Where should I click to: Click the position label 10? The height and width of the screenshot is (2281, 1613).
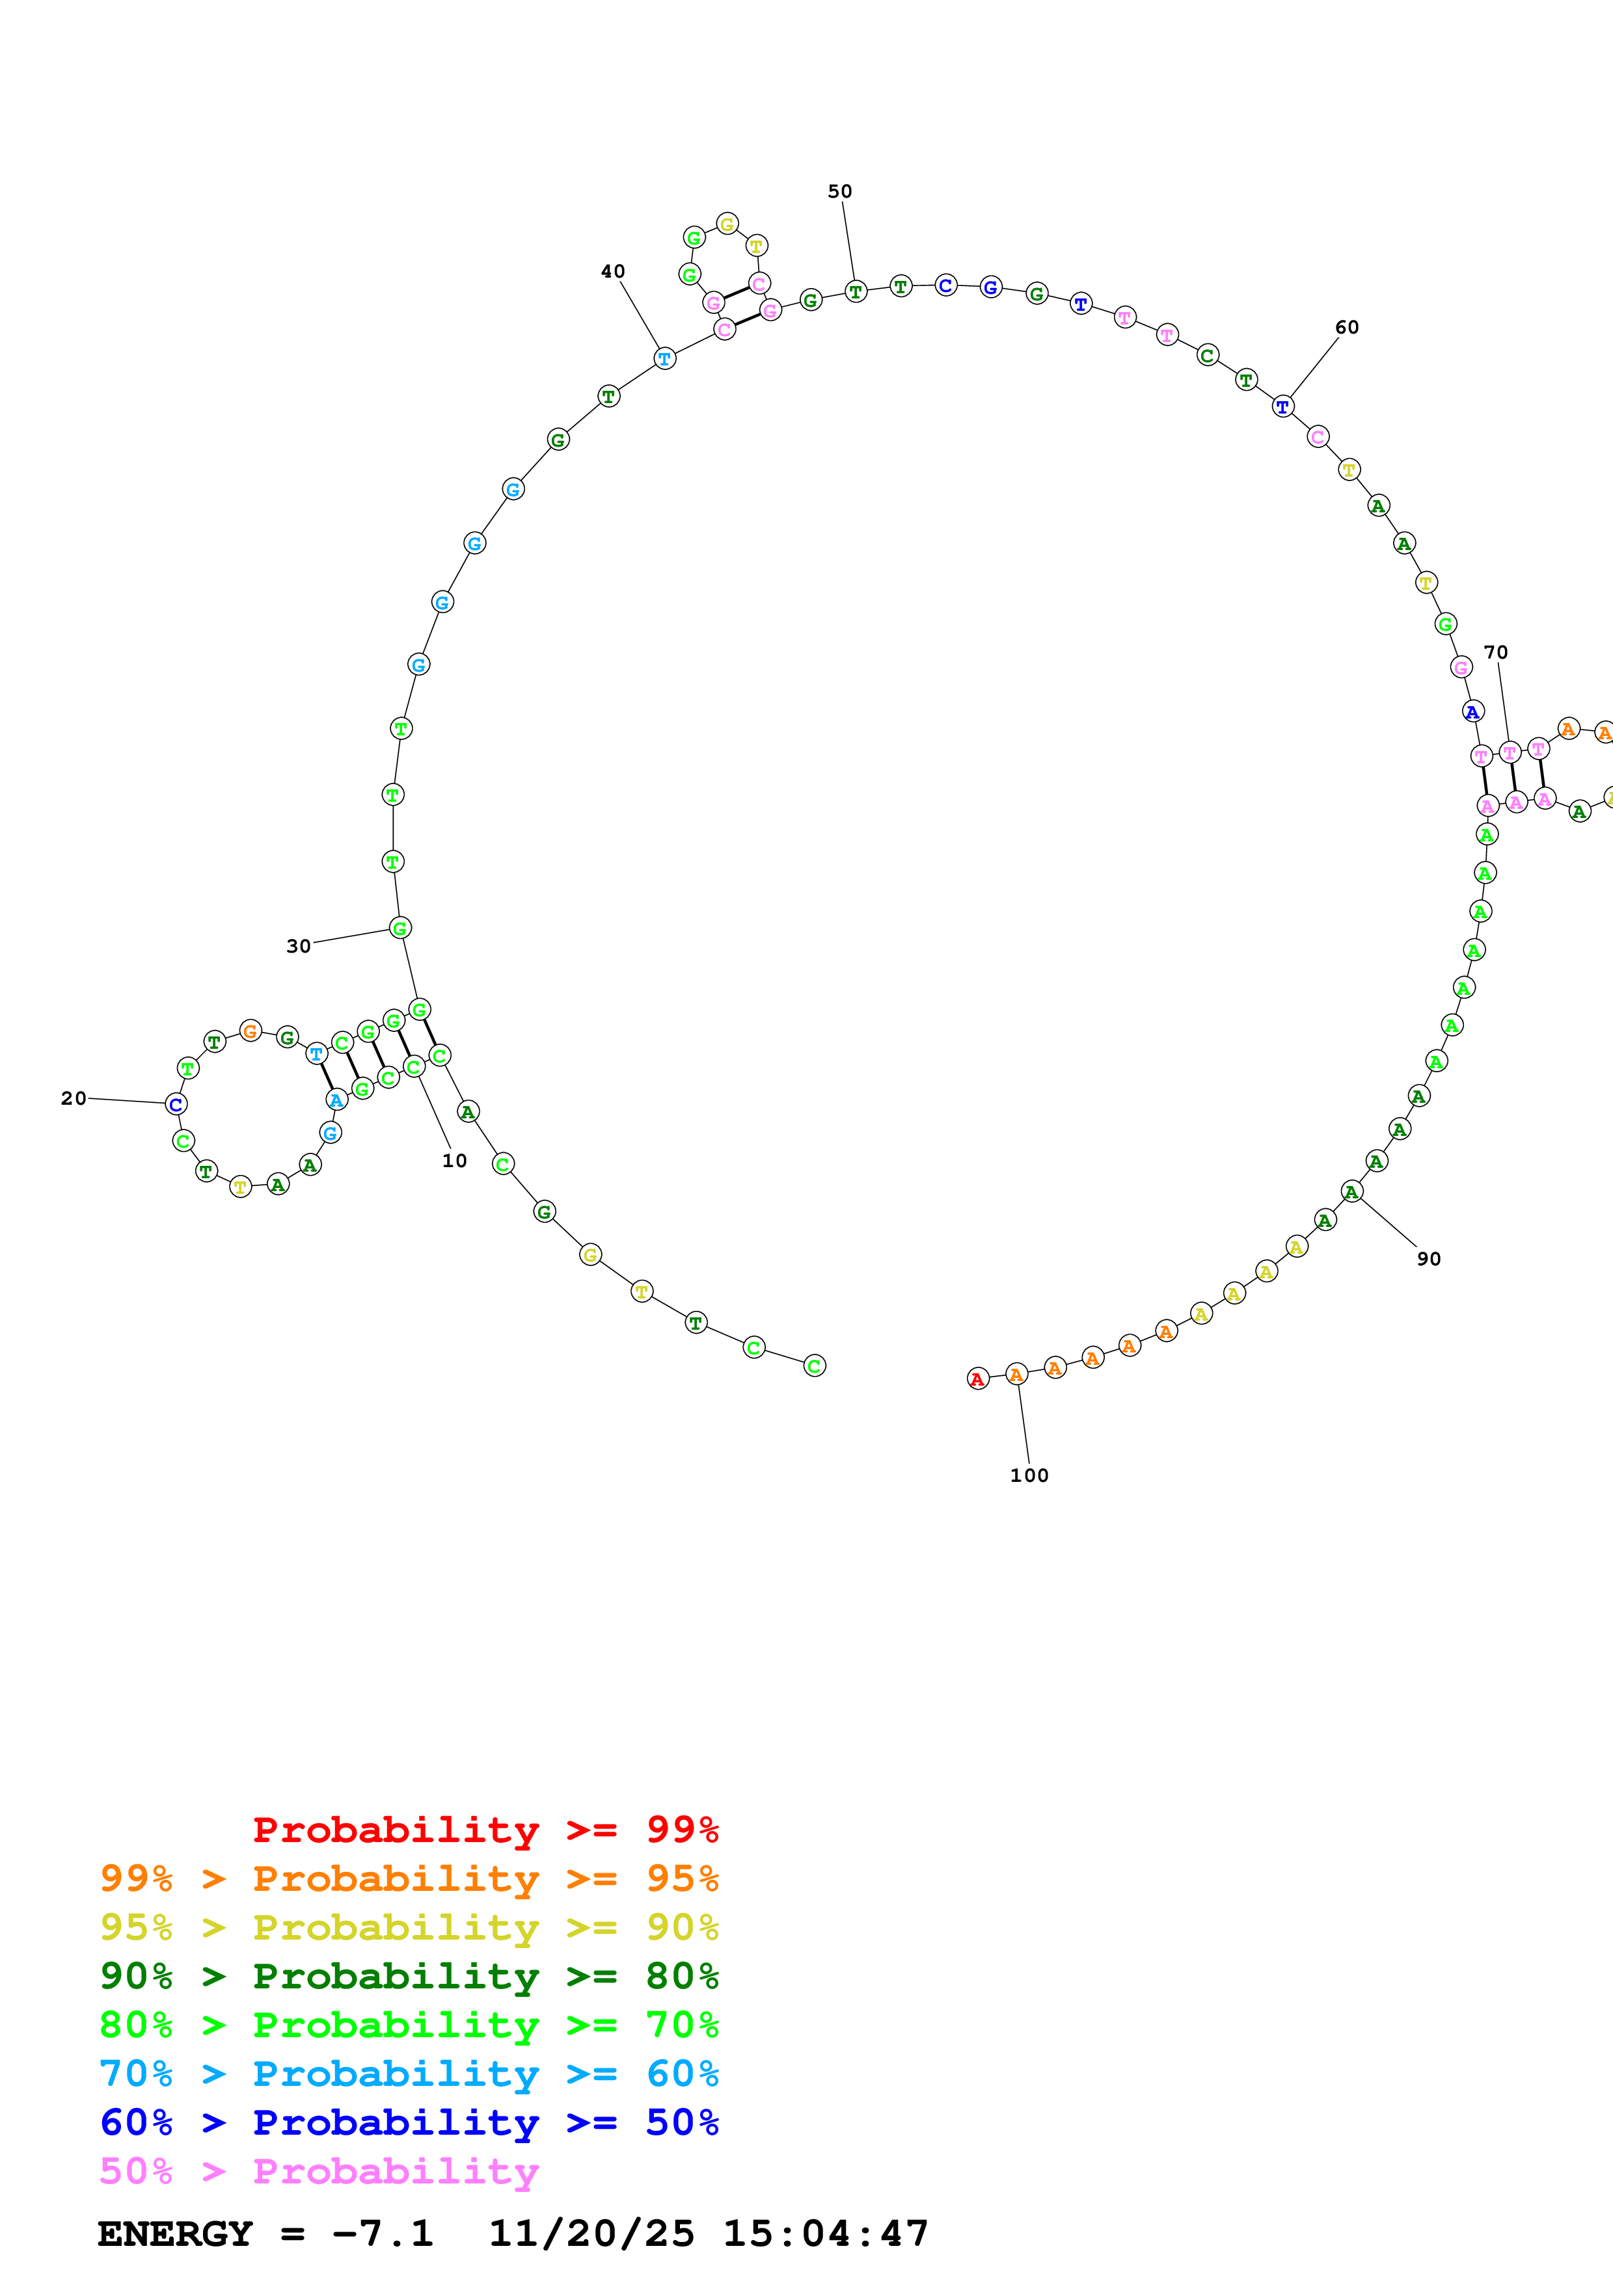tap(454, 1161)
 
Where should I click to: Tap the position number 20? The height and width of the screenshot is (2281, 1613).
tap(74, 1098)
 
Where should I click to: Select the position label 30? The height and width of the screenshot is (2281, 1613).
tap(298, 946)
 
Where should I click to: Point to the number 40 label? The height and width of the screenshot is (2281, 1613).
tap(612, 271)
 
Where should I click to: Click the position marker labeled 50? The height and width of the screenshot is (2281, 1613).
tap(840, 191)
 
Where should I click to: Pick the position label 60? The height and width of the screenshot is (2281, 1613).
tap(1347, 327)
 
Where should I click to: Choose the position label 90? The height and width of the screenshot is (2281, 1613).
tap(1428, 1259)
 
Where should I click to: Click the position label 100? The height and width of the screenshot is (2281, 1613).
tap(1029, 1475)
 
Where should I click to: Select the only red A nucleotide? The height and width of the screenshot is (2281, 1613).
tap(978, 1379)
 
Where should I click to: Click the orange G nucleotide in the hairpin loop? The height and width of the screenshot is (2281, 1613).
tap(251, 1031)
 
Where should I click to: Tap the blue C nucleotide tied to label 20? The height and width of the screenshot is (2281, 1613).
tap(176, 1103)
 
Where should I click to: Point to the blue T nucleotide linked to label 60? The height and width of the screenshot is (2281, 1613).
tap(1283, 406)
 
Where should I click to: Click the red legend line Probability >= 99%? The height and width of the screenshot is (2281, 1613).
tap(485, 1829)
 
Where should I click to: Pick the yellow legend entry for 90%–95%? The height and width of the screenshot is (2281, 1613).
tap(409, 1927)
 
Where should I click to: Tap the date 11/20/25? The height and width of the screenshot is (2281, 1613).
tap(591, 2234)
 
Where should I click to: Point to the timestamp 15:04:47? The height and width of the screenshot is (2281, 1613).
tap(825, 2234)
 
